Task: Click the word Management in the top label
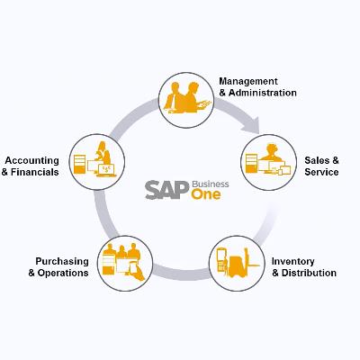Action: tap(248, 82)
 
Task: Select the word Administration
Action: tap(263, 93)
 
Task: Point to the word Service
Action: tap(321, 172)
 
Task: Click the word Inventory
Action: tap(292, 262)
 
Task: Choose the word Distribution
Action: tap(309, 273)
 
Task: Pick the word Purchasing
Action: tap(62, 262)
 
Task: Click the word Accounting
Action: tap(31, 161)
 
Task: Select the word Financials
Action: tap(35, 172)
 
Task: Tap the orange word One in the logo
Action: tap(206, 194)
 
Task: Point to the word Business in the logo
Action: tap(211, 184)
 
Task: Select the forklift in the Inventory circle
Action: tap(242, 263)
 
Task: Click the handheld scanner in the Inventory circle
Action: tap(221, 259)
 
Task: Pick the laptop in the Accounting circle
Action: tap(106, 170)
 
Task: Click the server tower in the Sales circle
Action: tap(252, 163)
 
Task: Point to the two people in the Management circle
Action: tap(186, 98)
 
